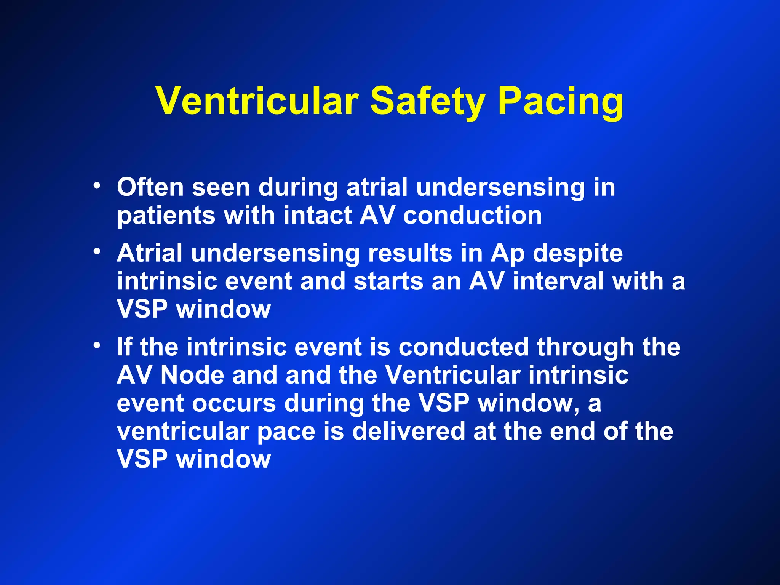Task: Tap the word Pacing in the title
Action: pos(561,101)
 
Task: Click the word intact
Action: pos(318,216)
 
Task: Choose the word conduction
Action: pos(473,216)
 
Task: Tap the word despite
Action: pos(578,253)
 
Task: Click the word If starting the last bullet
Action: pos(125,347)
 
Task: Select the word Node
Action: pos(192,375)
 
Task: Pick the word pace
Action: pos(286,431)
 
